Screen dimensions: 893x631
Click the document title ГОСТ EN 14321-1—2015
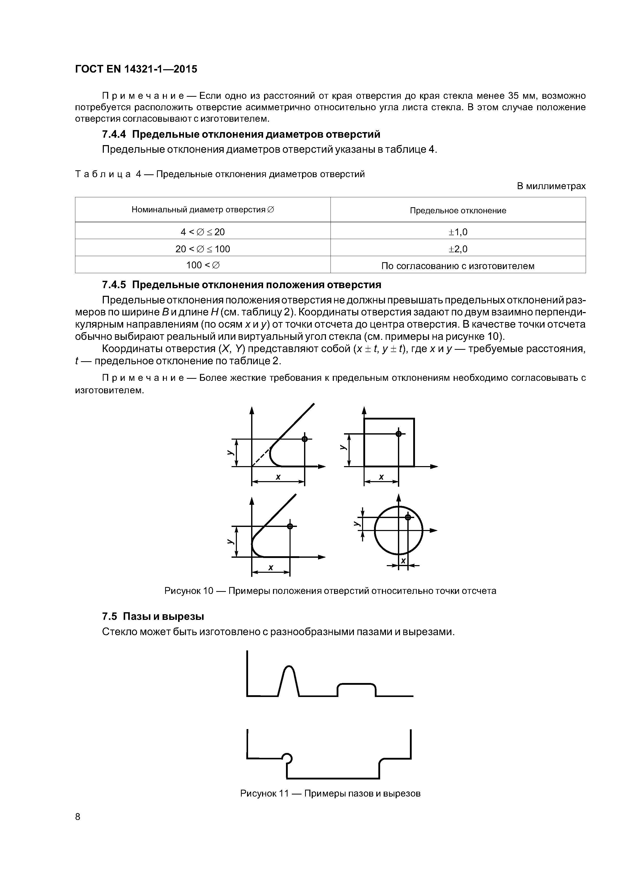[136, 69]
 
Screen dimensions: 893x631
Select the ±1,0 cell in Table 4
[458, 232]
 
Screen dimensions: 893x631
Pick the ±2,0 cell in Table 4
[458, 249]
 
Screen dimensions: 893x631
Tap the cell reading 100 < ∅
[203, 265]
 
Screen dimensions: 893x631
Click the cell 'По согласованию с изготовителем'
[458, 266]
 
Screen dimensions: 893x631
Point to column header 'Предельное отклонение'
[458, 211]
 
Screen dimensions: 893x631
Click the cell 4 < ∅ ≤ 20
[203, 232]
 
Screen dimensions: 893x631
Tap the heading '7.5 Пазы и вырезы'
[153, 617]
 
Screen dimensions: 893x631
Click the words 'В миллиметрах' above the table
[551, 186]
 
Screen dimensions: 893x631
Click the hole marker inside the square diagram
[398, 434]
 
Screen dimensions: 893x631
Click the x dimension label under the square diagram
[381, 477]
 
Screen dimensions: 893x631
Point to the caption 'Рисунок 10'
[189, 591]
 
